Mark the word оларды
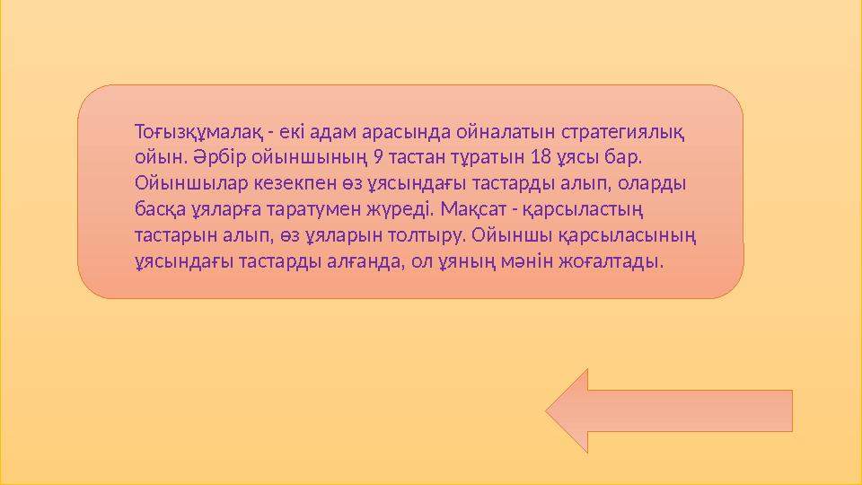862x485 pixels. (x=656, y=184)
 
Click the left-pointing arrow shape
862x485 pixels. (x=668, y=410)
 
